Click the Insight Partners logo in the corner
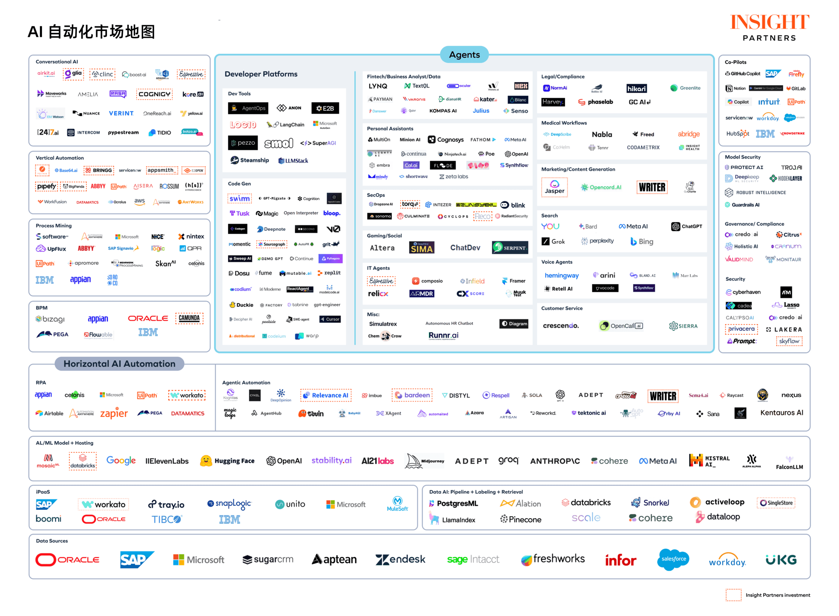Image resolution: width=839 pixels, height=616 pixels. pyautogui.click(x=769, y=28)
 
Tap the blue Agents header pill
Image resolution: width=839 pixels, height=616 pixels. pyautogui.click(x=464, y=55)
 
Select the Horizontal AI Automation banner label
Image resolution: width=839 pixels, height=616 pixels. pyautogui.click(x=119, y=364)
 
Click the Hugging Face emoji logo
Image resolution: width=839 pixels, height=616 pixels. pyautogui.click(x=206, y=461)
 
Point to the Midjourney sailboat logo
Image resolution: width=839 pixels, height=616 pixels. pyautogui.click(x=414, y=461)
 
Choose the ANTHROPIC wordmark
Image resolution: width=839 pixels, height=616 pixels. pyautogui.click(x=555, y=461)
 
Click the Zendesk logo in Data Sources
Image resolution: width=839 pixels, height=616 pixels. pyautogui.click(x=400, y=559)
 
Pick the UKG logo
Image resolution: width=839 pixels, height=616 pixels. pyautogui.click(x=781, y=559)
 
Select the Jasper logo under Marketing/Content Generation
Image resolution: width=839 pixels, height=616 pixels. pyautogui.click(x=554, y=187)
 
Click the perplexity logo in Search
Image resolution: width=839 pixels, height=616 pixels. pyautogui.click(x=597, y=241)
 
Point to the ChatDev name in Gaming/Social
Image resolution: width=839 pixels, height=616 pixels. pyautogui.click(x=465, y=248)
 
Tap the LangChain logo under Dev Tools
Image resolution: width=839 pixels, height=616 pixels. pyautogui.click(x=286, y=125)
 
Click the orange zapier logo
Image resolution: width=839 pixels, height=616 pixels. pyautogui.click(x=114, y=413)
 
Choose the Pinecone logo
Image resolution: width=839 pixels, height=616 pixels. pyautogui.click(x=521, y=519)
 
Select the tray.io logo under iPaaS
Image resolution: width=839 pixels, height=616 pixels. pyautogui.click(x=167, y=504)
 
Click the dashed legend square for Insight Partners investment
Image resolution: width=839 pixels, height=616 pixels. pyautogui.click(x=733, y=595)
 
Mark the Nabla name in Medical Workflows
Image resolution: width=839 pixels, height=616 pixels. pyautogui.click(x=602, y=134)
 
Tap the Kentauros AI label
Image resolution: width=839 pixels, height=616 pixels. pyautogui.click(x=782, y=413)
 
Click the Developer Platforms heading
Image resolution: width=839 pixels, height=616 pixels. pyautogui.click(x=261, y=74)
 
